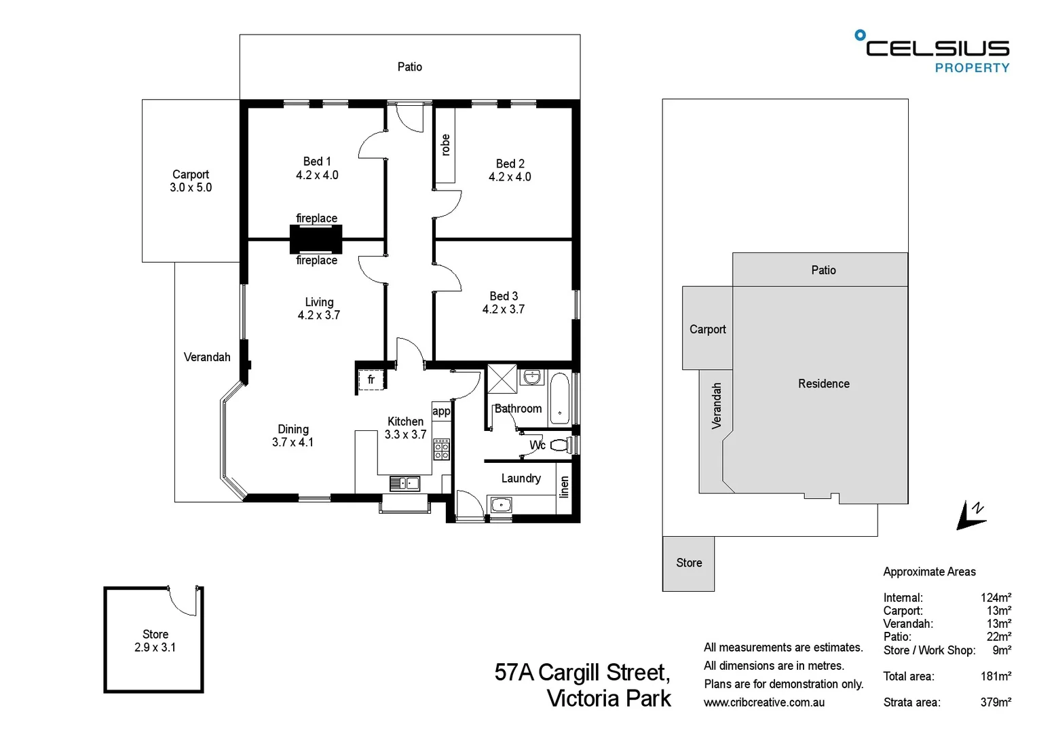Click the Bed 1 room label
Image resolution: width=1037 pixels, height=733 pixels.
pos(317,162)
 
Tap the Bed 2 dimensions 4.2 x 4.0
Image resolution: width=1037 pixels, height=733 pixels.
pos(510,176)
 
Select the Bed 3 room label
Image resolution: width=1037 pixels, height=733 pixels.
pos(504,296)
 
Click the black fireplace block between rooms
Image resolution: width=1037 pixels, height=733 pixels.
pos(316,239)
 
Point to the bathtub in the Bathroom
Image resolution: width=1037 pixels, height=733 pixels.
pos(559,398)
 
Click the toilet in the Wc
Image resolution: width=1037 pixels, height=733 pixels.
pos(560,445)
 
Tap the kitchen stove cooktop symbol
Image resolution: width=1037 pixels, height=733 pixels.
pos(441,449)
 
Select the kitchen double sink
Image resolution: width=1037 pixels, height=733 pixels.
pos(404,483)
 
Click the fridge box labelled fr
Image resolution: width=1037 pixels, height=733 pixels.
pos(371,379)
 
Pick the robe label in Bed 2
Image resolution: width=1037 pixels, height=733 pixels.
pos(445,145)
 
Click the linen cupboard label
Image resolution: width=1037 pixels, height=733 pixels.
pos(564,487)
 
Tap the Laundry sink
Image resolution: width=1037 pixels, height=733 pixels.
pos(501,504)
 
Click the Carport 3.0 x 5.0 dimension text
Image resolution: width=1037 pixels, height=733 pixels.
pos(191,187)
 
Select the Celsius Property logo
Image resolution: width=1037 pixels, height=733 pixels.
pos(934,52)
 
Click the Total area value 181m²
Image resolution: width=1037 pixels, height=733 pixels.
pos(996,676)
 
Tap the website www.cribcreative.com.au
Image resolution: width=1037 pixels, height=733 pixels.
pos(764,702)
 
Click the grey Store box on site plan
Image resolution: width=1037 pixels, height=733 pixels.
pos(688,563)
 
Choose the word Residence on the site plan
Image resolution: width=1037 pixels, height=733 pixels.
pos(823,383)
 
